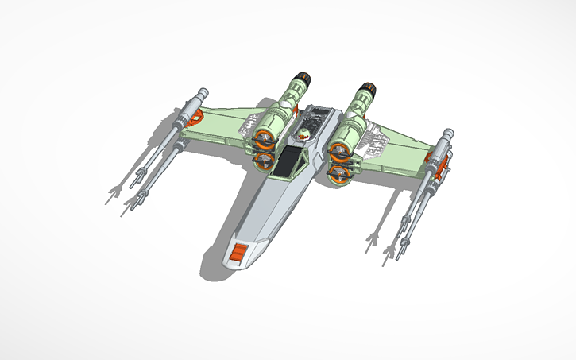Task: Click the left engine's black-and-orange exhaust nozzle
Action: (x=300, y=80)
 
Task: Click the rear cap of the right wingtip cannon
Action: (x=449, y=131)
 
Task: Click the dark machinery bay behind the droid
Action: (x=318, y=119)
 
